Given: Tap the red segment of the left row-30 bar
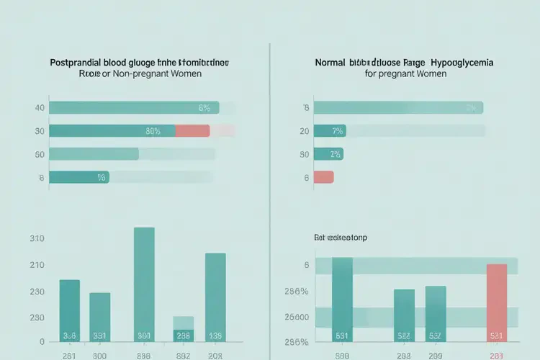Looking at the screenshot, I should coord(192,131).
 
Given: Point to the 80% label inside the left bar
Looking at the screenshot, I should coord(153,131).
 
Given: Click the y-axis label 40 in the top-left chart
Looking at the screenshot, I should coord(39,108).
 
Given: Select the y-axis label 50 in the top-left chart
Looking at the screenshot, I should coord(39,154).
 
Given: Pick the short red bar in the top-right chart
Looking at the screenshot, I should coord(324,176).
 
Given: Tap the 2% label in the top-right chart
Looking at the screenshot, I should coord(334,154).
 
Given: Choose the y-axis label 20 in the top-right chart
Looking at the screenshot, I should coord(305,131).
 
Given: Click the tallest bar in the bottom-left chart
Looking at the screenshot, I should coord(144,284).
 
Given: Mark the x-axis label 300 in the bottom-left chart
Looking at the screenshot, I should coord(99,354).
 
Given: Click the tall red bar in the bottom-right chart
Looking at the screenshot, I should coord(497,302).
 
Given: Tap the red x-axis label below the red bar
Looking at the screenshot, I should coord(497,354).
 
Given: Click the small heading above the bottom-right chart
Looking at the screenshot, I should coord(340,237).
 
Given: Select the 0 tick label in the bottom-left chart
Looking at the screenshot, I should coord(42,342).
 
